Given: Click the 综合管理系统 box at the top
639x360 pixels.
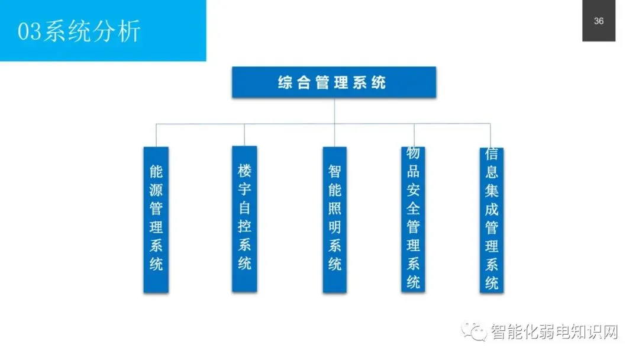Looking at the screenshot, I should pos(334,82).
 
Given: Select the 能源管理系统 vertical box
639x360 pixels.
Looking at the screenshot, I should pos(156,220).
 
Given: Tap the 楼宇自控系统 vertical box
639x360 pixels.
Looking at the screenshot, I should pos(244,218).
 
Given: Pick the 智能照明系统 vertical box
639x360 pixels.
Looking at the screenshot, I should pos(334,220).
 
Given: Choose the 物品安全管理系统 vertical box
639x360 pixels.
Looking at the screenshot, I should pos(413,218).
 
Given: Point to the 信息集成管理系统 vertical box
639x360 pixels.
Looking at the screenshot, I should pos(491,220).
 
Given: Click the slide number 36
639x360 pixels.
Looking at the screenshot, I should pos(599,21).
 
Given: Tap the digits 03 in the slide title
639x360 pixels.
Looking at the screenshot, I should pos(28,31).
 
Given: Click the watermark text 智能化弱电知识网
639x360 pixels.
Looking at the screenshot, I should pos(554,332).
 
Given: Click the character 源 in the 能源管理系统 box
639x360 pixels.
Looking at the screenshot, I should pos(156,191).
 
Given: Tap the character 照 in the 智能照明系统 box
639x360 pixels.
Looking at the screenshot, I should pos(335,209).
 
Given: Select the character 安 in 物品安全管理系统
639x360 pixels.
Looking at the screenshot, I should pos(413,190).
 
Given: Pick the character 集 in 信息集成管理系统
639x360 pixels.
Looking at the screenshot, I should pos(491,191).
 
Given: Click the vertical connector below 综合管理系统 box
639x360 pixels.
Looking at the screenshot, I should pos(334,111).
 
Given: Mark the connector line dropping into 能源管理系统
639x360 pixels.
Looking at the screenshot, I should pos(156,136).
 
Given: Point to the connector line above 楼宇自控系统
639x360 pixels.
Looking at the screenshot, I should pos(244,135).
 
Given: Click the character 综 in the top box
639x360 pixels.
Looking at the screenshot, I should pos(285,82).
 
